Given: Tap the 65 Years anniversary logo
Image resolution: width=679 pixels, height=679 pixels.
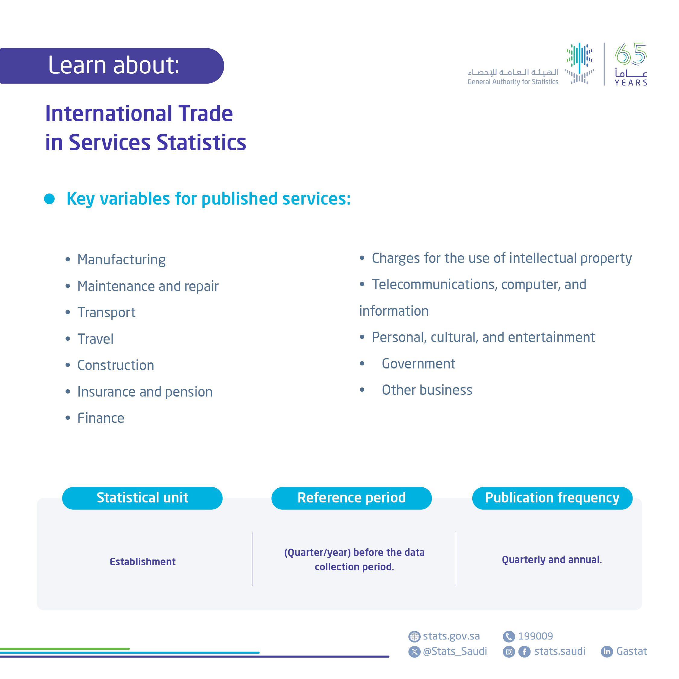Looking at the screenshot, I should (x=630, y=64).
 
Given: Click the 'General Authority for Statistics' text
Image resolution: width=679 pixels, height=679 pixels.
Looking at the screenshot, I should (x=512, y=82).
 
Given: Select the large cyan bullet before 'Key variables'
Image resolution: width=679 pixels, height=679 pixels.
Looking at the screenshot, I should (x=49, y=199).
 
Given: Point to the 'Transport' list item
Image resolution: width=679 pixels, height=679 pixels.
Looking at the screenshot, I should (x=106, y=312).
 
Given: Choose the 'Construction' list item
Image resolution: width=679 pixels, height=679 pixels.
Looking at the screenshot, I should (x=116, y=365).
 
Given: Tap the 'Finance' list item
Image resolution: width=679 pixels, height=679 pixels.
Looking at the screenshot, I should (x=100, y=418).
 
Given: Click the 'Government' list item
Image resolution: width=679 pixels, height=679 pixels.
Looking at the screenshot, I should (x=418, y=364).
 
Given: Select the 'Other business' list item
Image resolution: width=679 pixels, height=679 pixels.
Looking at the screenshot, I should (x=427, y=390).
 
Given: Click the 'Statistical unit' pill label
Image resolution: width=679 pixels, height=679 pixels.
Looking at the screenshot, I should (x=142, y=498).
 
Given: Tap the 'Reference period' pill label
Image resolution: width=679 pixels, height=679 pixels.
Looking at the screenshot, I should (x=352, y=498).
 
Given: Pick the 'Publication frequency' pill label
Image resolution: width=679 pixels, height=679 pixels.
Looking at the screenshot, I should (x=552, y=498).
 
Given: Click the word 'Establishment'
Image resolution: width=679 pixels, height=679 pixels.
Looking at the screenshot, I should (x=142, y=562).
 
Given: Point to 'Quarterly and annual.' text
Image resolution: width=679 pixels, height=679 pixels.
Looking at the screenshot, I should (x=552, y=559).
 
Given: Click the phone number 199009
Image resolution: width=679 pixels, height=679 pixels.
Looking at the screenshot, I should (x=535, y=636).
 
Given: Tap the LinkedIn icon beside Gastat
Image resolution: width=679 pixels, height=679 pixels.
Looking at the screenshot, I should (x=607, y=652).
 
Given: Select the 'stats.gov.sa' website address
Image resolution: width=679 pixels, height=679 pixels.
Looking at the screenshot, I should (x=451, y=636).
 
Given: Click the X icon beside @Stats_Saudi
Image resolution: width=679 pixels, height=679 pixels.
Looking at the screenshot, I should (x=414, y=652).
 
